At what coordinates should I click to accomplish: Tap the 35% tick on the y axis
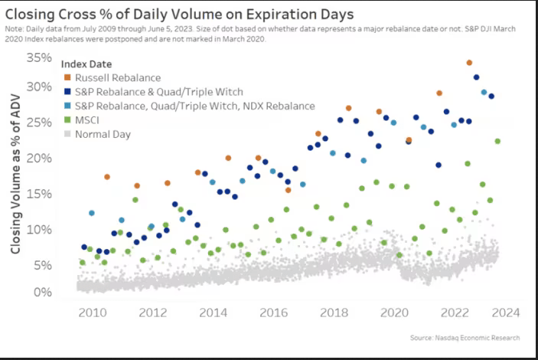pos(36,58)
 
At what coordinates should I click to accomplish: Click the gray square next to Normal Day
pos(68,134)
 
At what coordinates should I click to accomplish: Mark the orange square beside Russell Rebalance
pos(68,77)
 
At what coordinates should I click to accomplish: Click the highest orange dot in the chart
pos(469,63)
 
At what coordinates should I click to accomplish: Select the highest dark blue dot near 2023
pos(477,77)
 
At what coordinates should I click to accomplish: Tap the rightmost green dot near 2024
pos(497,141)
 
